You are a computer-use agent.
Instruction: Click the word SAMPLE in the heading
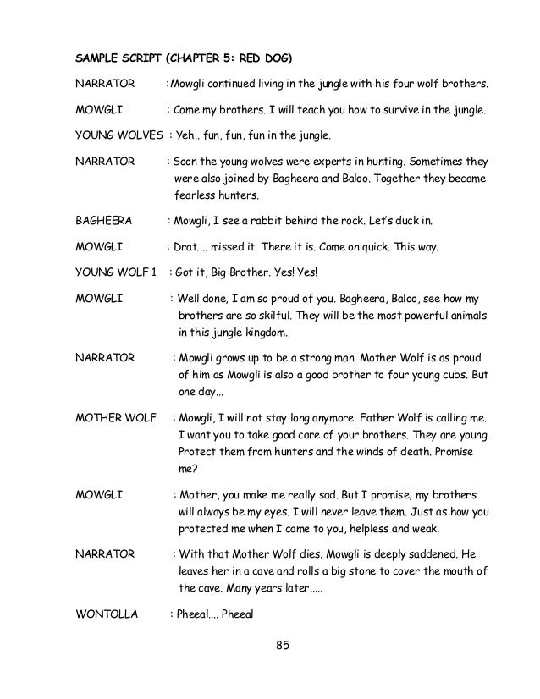coord(97,61)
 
